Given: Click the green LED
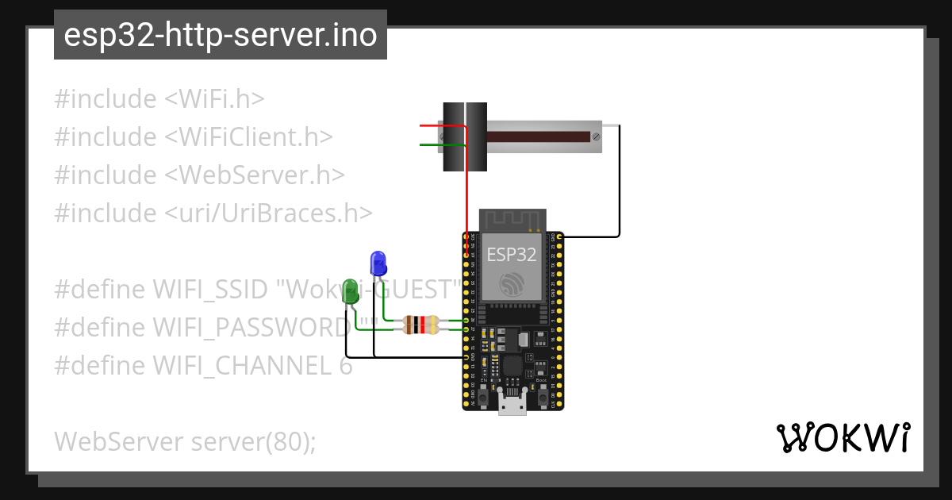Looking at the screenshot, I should pyautogui.click(x=350, y=291).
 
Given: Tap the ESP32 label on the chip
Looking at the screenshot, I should pyautogui.click(x=512, y=255).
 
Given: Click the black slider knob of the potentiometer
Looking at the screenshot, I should pyautogui.click(x=464, y=137).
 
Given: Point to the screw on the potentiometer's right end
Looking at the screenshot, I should pyautogui.click(x=596, y=137).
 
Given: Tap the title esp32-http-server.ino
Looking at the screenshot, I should pyautogui.click(x=220, y=35).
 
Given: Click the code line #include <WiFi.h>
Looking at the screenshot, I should pyautogui.click(x=159, y=99).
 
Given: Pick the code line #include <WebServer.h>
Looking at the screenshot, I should pyautogui.click(x=199, y=175).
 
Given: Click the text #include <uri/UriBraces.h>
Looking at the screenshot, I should pyautogui.click(x=213, y=213).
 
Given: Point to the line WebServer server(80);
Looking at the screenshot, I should pyautogui.click(x=185, y=441).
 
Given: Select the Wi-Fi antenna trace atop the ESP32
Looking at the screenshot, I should pyautogui.click(x=512, y=221).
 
